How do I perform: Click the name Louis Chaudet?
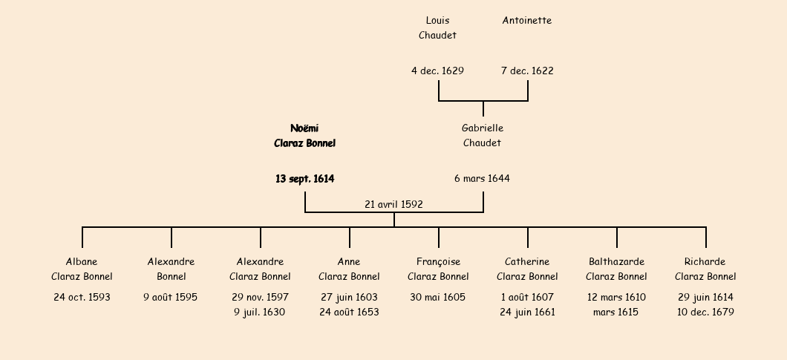point(437,27)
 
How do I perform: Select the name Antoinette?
point(527,21)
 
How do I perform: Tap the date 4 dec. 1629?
point(437,71)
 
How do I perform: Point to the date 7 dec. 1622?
point(527,71)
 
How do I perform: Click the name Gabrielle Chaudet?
point(483,135)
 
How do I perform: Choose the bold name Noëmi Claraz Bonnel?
point(304,135)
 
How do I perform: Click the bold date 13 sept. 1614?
point(304,179)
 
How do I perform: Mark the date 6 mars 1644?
point(483,179)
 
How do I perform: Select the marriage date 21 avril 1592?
point(393,204)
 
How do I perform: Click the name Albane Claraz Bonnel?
point(82,269)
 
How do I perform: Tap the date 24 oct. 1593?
point(82,298)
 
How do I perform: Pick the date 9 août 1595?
point(171,298)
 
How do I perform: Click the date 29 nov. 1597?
point(260,298)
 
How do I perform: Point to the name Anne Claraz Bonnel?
point(349,269)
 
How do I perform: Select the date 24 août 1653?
point(349,312)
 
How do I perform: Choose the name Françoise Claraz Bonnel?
point(438,269)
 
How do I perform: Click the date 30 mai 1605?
point(438,298)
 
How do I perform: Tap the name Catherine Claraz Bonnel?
point(527,269)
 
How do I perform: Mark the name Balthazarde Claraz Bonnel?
point(616,269)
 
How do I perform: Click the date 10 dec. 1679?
point(705,312)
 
